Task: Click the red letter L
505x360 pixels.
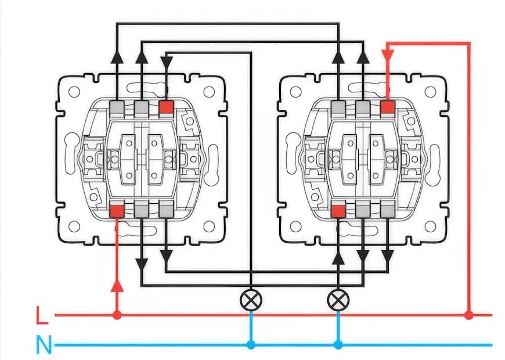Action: pos(41,317)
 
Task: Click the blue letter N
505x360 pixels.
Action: pos(43,346)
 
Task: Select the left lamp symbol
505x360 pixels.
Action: pos(251,300)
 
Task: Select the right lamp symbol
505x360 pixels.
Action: pos(337,300)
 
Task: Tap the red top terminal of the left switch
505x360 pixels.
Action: pos(166,107)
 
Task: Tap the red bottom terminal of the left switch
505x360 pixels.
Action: pos(117,211)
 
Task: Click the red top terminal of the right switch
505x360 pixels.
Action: pos(388,107)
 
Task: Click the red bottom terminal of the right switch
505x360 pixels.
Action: pos(338,211)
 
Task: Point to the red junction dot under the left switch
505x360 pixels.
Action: pos(117,315)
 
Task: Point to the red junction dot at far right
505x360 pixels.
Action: pos(468,315)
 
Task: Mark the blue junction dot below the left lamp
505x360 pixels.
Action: pos(251,345)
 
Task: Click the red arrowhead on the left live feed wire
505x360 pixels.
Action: pos(117,285)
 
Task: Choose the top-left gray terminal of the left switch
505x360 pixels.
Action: pos(116,107)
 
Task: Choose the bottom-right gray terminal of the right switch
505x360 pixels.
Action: pos(388,211)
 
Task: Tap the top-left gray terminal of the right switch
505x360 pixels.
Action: pos(338,107)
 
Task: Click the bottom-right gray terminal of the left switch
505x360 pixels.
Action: pos(166,211)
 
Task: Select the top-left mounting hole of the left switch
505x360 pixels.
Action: pos(75,92)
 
